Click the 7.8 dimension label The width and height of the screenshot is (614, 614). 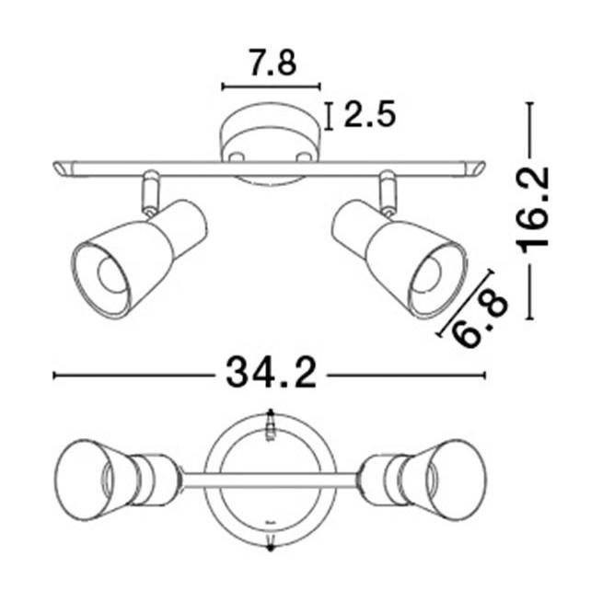point(272,64)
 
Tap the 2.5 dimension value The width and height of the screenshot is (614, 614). point(369,115)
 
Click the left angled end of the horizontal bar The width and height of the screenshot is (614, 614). point(64,169)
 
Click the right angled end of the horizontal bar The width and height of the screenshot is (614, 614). point(474,169)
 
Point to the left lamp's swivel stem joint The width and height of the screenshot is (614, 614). point(148,194)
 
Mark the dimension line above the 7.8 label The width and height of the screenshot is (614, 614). point(272,87)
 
